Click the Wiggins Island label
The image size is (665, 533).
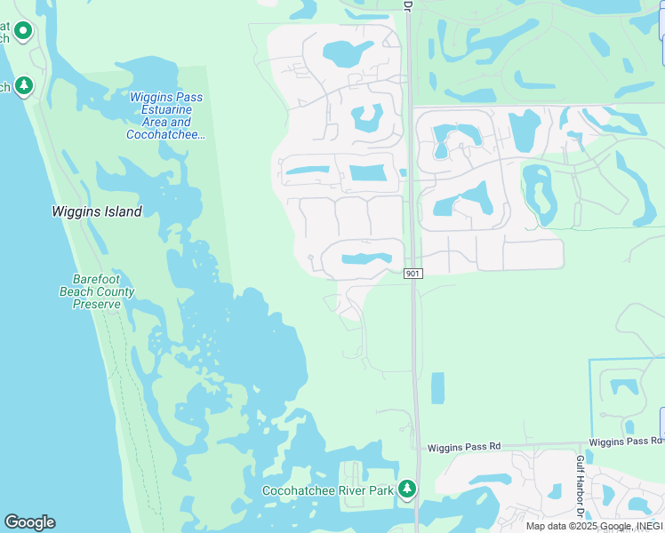97,212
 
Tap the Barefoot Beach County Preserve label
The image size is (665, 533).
97,291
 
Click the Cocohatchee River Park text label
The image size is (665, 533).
327,490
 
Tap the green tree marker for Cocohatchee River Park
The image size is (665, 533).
407,488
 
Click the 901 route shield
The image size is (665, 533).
412,274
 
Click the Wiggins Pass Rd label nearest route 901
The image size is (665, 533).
463,446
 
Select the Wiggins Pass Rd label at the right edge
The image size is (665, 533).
626,442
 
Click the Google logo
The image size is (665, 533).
29,522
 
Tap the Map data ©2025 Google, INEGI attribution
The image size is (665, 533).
594,526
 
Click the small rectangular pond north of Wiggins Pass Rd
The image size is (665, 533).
437,388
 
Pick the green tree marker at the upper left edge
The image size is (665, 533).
25,85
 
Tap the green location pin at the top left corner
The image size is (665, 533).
23,32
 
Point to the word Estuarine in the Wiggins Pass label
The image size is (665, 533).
165,109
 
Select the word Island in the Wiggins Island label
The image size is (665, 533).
122,212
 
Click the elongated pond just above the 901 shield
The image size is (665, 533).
359,259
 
